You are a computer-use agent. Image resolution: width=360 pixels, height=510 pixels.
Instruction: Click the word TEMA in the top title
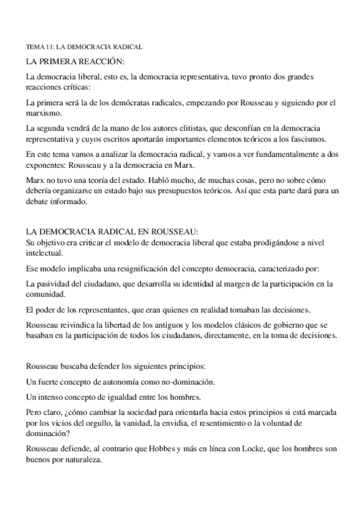click(x=35, y=46)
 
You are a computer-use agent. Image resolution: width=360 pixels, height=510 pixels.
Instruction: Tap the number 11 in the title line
click(x=49, y=46)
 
